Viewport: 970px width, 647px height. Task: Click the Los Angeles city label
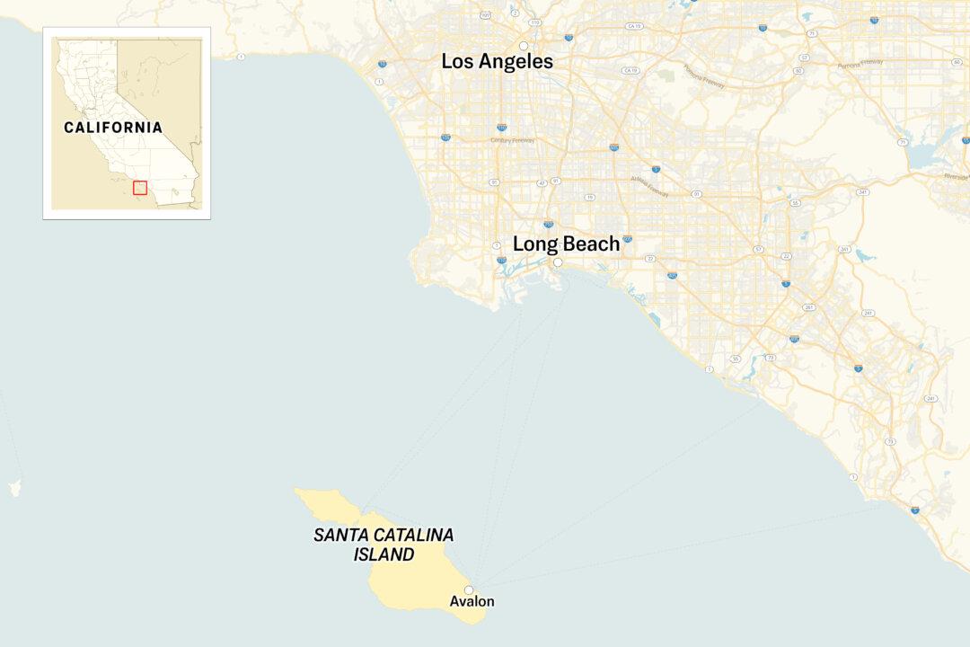497,62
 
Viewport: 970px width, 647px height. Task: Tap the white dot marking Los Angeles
524,46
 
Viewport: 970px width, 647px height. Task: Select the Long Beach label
566,244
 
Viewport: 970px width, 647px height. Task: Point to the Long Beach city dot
557,262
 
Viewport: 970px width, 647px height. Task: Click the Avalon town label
472,601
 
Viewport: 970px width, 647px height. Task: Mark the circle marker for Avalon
469,590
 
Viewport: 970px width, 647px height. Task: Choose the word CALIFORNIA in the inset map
113,128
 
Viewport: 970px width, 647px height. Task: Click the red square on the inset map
140,188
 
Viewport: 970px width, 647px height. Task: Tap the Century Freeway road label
512,140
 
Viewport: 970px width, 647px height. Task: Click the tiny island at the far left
13,488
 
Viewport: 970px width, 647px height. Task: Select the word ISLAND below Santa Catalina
384,554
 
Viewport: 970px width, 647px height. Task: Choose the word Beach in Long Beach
591,244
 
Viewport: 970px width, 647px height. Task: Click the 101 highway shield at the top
485,15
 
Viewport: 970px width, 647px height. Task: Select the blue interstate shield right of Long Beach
627,239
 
